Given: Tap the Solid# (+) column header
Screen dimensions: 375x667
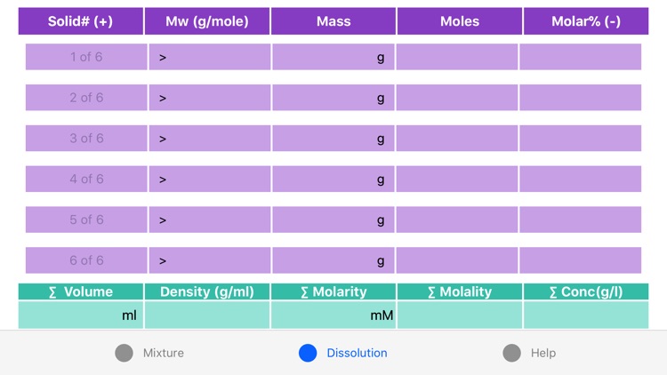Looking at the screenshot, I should click(81, 21).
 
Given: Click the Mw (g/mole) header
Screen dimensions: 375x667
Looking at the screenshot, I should click(207, 21).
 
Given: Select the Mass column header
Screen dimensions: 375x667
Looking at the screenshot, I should click(333, 21).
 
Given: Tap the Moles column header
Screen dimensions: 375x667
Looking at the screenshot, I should click(460, 21).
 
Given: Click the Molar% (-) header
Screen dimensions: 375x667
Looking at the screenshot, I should click(586, 21).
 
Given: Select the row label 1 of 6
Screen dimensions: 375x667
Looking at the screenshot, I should click(86, 57).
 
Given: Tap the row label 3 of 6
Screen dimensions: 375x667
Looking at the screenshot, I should click(86, 139).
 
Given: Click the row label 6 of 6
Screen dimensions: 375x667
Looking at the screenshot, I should click(86, 260).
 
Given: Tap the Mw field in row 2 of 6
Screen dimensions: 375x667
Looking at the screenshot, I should click(209, 98).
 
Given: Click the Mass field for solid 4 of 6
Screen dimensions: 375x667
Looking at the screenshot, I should click(333, 180).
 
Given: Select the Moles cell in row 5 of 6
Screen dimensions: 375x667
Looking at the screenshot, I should click(457, 219).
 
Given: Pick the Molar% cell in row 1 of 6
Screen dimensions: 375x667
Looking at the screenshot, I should click(581, 57).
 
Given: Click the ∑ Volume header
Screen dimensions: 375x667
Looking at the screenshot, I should click(81, 291).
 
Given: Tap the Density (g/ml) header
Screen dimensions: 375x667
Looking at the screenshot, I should click(207, 291).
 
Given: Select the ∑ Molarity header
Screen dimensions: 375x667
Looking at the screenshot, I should click(333, 291).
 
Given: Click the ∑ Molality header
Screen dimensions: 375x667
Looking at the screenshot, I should click(460, 291).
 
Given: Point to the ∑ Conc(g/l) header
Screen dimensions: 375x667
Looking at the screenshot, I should click(586, 291).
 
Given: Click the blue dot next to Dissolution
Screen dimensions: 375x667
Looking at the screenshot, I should click(308, 353).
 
